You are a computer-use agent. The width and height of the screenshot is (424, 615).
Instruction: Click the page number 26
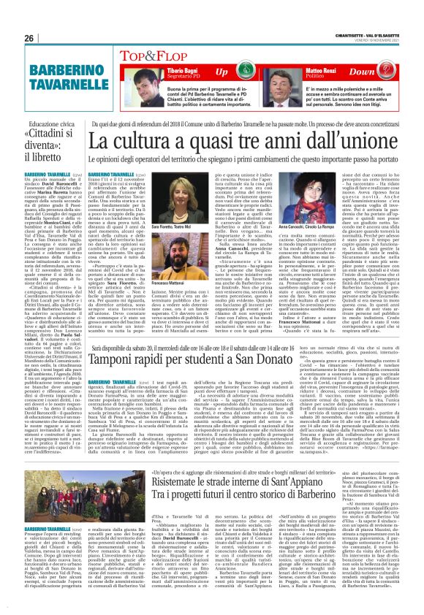[29, 38]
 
